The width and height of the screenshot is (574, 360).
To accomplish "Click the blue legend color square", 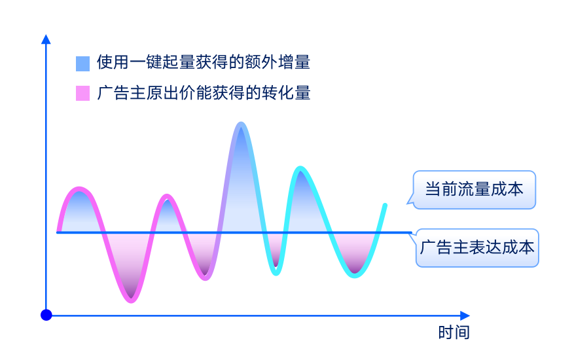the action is (82, 63).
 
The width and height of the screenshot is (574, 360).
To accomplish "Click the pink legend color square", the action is (82, 93).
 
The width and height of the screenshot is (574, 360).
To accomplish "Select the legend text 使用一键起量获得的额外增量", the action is (204, 62).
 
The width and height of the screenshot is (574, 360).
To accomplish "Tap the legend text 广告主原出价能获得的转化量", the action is (204, 93).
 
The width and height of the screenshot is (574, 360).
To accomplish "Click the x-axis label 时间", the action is (454, 333).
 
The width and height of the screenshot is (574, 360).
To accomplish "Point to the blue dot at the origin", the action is (46, 315).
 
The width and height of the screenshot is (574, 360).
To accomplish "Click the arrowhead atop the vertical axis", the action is (46, 39).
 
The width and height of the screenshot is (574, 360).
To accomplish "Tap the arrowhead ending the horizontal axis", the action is (465, 315).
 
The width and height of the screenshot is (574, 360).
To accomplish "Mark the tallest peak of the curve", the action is (241, 124).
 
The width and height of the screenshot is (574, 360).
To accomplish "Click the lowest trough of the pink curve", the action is (131, 300).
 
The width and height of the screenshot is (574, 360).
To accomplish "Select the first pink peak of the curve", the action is (79, 189).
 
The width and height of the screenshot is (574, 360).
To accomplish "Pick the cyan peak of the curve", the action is (300, 168).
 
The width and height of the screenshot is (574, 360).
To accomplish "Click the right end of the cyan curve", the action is (385, 205).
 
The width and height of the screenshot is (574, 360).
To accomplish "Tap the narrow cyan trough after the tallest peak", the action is (276, 273).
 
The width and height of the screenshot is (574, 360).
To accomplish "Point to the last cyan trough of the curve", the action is (355, 276).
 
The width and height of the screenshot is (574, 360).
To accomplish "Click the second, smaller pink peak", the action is (167, 196).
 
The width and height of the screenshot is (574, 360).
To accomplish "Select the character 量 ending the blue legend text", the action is (302, 62).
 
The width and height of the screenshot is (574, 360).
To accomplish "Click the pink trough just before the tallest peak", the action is (206, 278).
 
